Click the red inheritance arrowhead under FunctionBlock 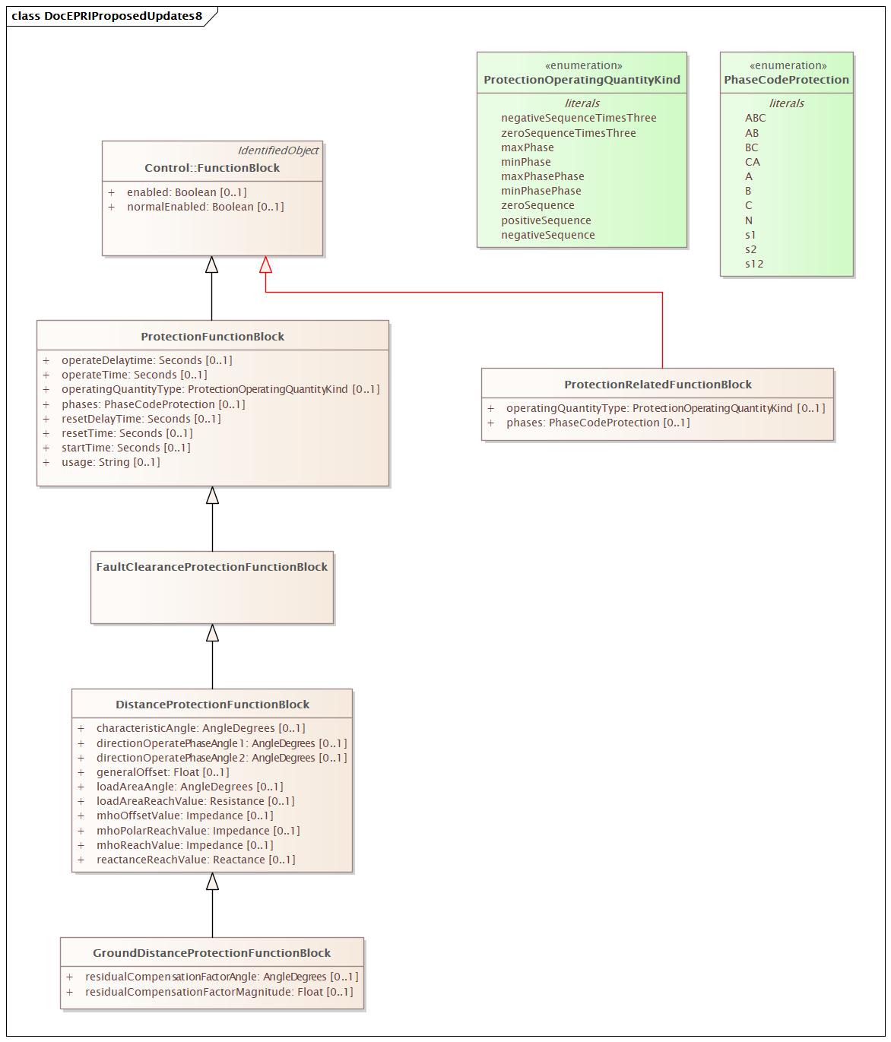(x=265, y=264)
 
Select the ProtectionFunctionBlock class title (x=212, y=337)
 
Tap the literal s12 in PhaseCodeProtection (x=754, y=264)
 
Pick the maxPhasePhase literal (x=542, y=176)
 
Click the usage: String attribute (x=110, y=462)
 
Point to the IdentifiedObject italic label (x=277, y=150)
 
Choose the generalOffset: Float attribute (x=162, y=772)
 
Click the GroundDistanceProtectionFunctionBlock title (x=211, y=953)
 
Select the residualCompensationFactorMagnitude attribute (x=218, y=992)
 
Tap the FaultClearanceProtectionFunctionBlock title (x=211, y=567)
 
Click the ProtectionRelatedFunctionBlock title (x=658, y=385)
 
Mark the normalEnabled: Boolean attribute (x=205, y=207)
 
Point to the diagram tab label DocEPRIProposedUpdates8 (x=107, y=16)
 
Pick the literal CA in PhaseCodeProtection (x=752, y=162)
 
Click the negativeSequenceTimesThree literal (x=579, y=118)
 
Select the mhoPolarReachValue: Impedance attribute (x=198, y=831)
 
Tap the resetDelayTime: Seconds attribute (x=141, y=419)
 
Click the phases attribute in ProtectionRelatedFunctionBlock (x=598, y=423)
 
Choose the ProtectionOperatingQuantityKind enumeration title (x=582, y=80)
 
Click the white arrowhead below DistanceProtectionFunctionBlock (x=212, y=882)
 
